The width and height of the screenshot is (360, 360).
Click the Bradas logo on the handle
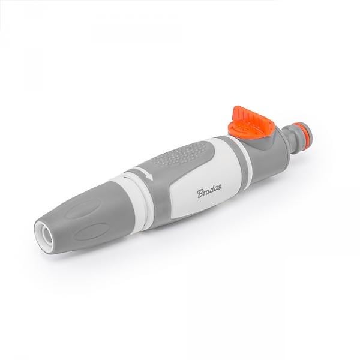tap(209, 190)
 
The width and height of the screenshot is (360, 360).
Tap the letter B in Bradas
tap(200, 193)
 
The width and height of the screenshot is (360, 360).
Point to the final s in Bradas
tap(219, 187)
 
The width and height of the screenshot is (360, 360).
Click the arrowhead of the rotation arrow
tap(149, 176)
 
